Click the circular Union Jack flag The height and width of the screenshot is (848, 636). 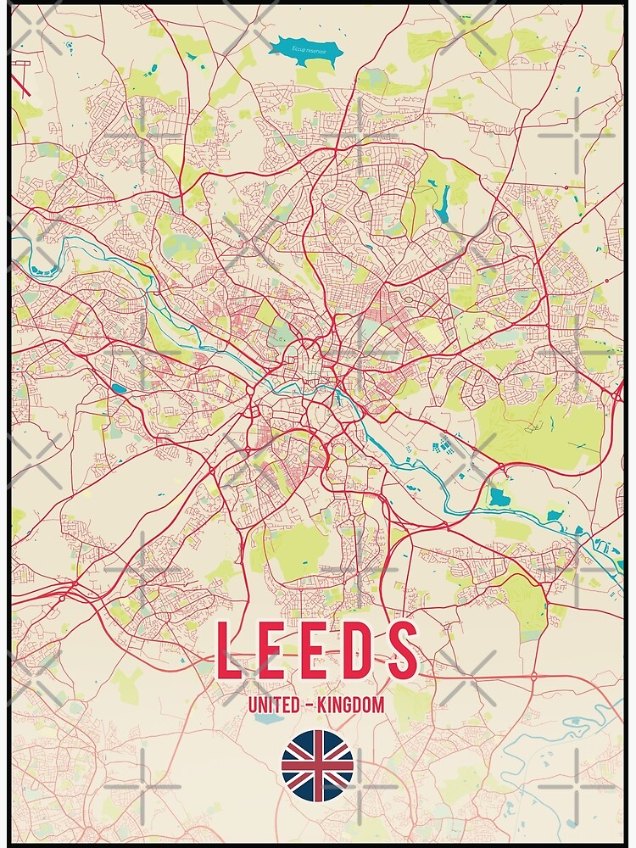(x=317, y=765)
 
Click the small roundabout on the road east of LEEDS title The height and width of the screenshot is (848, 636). (x=533, y=676)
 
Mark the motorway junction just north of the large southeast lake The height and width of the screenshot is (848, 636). (x=502, y=469)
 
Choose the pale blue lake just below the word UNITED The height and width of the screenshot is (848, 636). (x=270, y=719)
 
